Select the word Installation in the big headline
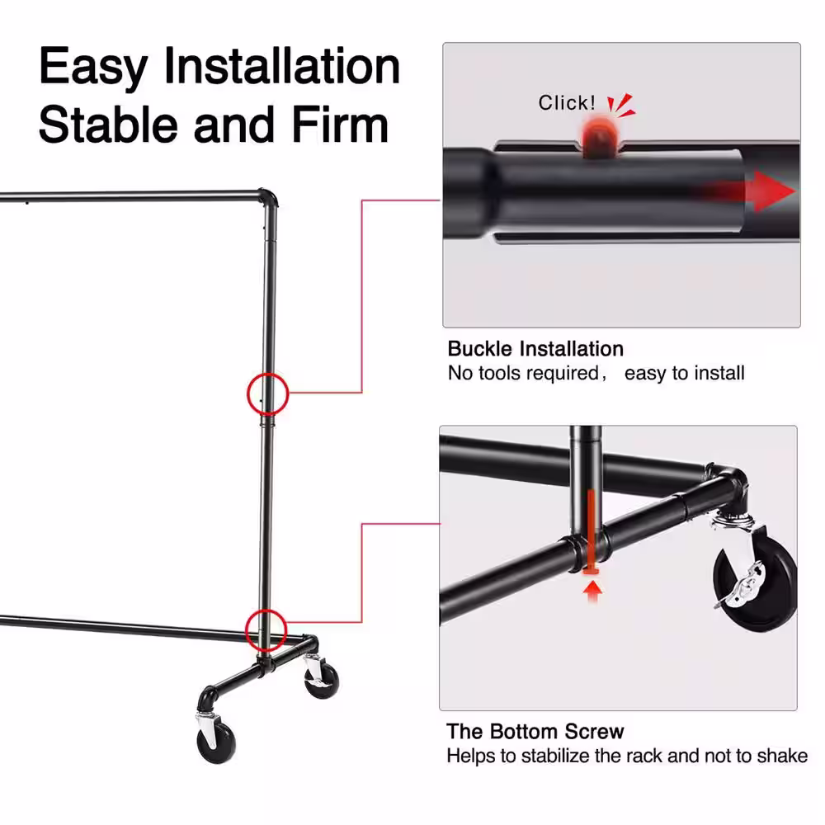coord(282,66)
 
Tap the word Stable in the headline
coord(108,125)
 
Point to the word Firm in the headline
coord(340,125)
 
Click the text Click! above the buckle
coord(567,102)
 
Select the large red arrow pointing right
coord(752,191)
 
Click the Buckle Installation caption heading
coord(535,349)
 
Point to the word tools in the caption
coord(501,373)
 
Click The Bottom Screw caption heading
coord(535,731)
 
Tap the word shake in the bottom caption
coord(782,756)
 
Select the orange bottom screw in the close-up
coord(592,532)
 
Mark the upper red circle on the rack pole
coord(268,374)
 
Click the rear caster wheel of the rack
coord(321,680)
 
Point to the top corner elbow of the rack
coord(268,197)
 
